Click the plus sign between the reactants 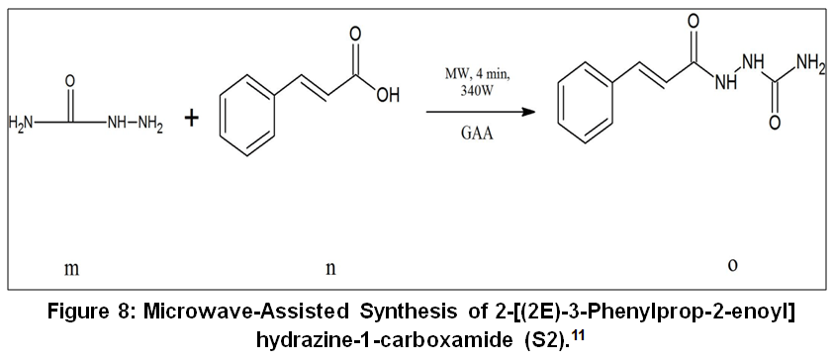191,119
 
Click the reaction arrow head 528,112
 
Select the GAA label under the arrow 477,133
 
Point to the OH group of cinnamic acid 386,96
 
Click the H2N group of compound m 21,124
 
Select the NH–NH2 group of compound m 135,125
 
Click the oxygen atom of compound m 70,82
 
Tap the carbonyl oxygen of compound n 355,34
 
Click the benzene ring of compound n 247,116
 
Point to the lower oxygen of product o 775,123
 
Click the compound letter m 71,269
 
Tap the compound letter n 330,269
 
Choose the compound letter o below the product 733,265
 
